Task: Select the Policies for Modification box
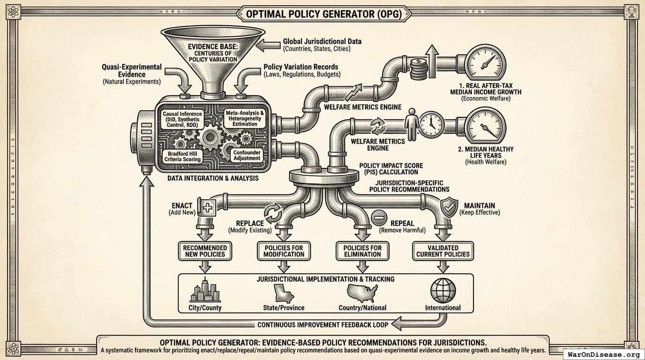click(x=283, y=251)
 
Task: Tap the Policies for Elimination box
click(x=362, y=251)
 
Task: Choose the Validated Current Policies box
click(x=442, y=251)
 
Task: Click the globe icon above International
click(x=442, y=291)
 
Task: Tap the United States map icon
click(x=362, y=292)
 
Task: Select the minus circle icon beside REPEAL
click(x=379, y=217)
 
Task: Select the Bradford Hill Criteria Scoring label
click(x=184, y=156)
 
